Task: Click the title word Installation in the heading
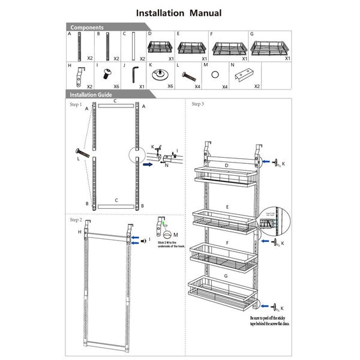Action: [160, 13]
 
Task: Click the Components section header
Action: [87, 28]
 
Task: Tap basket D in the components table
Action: [160, 46]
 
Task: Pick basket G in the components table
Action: [269, 46]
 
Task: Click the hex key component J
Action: [134, 76]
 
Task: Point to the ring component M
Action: [215, 76]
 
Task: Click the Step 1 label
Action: [75, 104]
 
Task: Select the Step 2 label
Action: [75, 220]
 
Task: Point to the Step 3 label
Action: [197, 104]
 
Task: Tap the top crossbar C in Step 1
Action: [115, 107]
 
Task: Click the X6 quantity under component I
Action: [116, 86]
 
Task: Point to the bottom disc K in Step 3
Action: [275, 306]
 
